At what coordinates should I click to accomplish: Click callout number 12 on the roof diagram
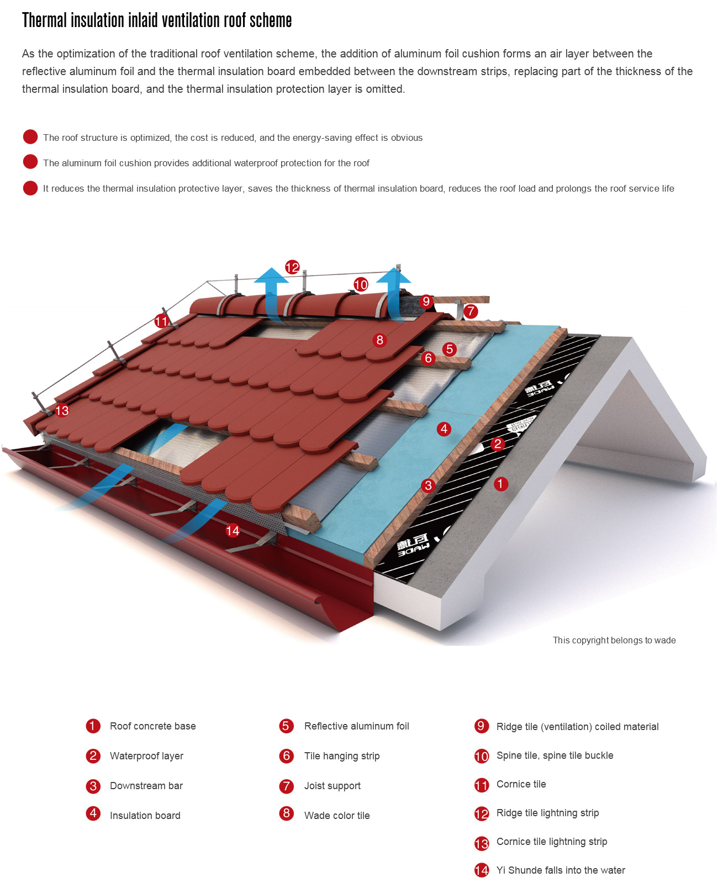pyautogui.click(x=292, y=267)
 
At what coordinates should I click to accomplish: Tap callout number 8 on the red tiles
pyautogui.click(x=379, y=340)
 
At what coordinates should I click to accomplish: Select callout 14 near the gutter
pyautogui.click(x=232, y=530)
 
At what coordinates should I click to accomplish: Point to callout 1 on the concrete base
pyautogui.click(x=500, y=484)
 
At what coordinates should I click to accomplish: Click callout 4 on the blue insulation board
pyautogui.click(x=444, y=429)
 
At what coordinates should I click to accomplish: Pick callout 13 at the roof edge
pyautogui.click(x=62, y=410)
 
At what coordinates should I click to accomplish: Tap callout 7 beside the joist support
pyautogui.click(x=471, y=310)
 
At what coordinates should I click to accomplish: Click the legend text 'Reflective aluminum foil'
pyautogui.click(x=356, y=726)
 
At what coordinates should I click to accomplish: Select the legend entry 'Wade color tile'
pyautogui.click(x=337, y=815)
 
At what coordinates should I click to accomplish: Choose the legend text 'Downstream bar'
pyautogui.click(x=146, y=785)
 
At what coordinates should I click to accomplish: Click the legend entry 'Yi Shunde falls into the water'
pyautogui.click(x=561, y=870)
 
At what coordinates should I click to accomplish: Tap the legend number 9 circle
pyautogui.click(x=481, y=726)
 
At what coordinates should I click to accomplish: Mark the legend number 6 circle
pyautogui.click(x=286, y=755)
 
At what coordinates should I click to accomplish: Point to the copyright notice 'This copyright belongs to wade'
pyautogui.click(x=614, y=640)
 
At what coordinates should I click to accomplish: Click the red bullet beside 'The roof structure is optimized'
pyautogui.click(x=30, y=137)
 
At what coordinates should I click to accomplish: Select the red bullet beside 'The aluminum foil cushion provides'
pyautogui.click(x=30, y=162)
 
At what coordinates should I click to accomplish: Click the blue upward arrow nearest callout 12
pyautogui.click(x=271, y=294)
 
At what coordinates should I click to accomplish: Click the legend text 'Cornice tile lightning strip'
pyautogui.click(x=552, y=841)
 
